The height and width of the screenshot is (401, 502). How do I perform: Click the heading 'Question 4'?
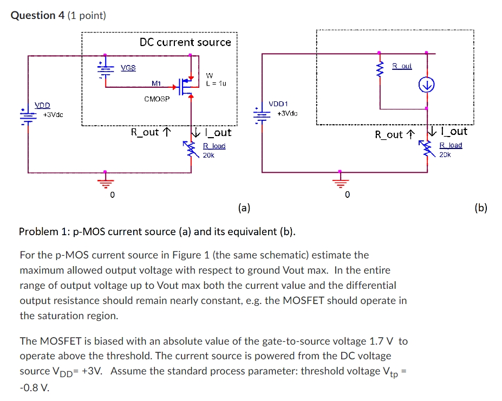(x=37, y=15)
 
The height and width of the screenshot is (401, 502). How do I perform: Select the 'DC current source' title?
(x=185, y=42)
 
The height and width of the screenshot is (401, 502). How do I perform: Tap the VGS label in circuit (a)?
(x=128, y=68)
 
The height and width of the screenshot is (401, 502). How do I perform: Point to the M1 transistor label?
(x=157, y=83)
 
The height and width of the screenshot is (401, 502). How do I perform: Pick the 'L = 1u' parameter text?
(x=216, y=83)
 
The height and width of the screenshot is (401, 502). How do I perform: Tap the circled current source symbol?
(x=427, y=85)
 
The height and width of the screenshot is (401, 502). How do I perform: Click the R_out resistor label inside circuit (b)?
(x=402, y=66)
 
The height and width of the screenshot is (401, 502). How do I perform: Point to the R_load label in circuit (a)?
(x=214, y=146)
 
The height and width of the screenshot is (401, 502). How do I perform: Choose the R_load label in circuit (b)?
(x=450, y=145)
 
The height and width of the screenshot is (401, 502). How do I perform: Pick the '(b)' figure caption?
(x=480, y=207)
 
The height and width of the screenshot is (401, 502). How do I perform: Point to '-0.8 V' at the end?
(x=34, y=387)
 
